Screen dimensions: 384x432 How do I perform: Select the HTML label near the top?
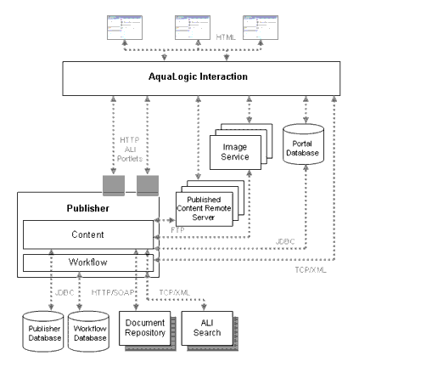(x=226, y=37)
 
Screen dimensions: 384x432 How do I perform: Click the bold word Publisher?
(x=88, y=208)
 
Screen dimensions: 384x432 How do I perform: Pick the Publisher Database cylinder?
(x=45, y=333)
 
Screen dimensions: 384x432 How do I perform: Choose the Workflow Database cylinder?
(x=89, y=333)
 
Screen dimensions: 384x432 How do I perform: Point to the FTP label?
(x=177, y=230)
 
